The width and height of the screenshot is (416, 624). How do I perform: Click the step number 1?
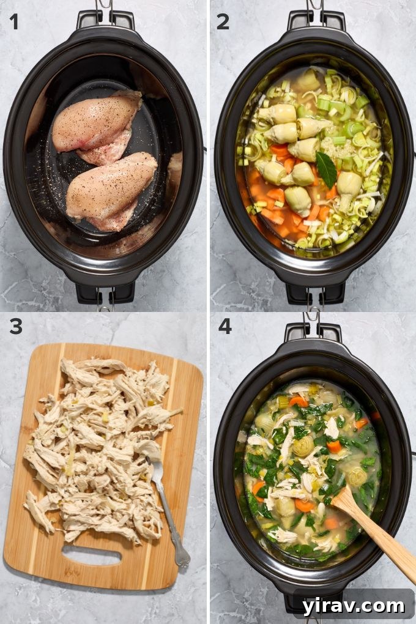pos(13,21)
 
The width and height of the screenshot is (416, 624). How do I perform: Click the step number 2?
pos(223,21)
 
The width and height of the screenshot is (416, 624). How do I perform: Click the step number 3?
pos(15,326)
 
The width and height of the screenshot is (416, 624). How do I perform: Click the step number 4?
pos(225,326)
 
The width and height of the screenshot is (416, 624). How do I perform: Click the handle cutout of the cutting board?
pos(92,555)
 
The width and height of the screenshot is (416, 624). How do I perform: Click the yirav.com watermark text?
pos(353,606)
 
